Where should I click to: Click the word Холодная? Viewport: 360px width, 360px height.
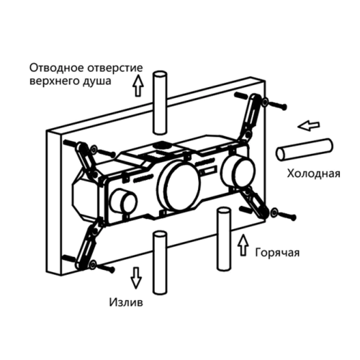coord(314,174)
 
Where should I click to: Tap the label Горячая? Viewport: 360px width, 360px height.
coord(277,253)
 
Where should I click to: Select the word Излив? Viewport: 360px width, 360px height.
coord(126,302)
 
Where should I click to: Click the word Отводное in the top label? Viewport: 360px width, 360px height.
coord(57,68)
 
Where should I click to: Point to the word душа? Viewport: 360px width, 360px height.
coord(97,81)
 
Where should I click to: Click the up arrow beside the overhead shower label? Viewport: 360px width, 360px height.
coord(138,86)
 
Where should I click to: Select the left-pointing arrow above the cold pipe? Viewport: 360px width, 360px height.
coord(309,125)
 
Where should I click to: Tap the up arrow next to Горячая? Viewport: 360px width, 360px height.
coord(243,245)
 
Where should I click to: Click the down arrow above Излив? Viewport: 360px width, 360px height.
coord(136,278)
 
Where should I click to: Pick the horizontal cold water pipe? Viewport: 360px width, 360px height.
coord(305,150)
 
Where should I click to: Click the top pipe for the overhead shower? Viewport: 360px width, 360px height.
coord(161,102)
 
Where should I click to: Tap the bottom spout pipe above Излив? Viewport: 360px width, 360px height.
coord(161,262)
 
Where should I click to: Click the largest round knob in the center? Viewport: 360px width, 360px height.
coord(179,186)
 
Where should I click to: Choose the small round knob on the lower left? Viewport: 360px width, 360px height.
coord(123,201)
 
